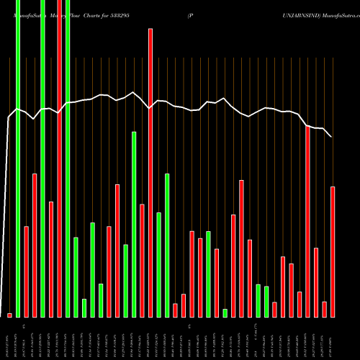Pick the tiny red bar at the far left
coord(9,315)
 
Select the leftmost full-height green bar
coord(18,158)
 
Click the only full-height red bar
coord(60,158)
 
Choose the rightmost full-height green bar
coord(68,158)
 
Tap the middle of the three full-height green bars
coord(43,158)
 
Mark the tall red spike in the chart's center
coord(150,173)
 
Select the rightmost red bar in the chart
coord(333,252)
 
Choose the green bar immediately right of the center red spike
coord(159,265)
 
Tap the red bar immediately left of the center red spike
coord(143,261)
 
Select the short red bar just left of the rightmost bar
coord(325,309)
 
